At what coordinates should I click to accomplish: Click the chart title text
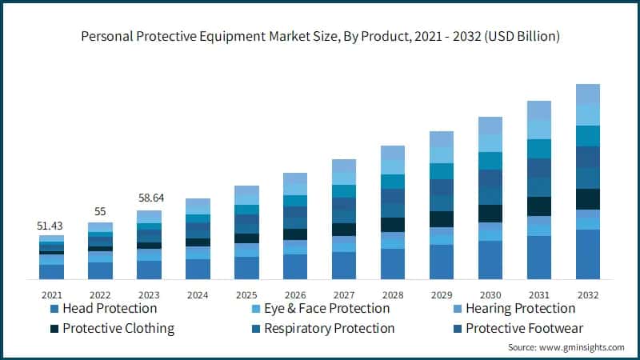[320, 36]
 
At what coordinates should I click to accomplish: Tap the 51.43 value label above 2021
[51, 226]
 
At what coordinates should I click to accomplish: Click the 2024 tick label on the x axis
[198, 294]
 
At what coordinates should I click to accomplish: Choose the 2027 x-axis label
[344, 294]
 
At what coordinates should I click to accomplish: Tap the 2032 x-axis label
[588, 294]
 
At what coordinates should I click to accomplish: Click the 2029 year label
[442, 294]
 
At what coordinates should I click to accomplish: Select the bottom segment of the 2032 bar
[588, 254]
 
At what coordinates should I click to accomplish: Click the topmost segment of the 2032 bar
[588, 93]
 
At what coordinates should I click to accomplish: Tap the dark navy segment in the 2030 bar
[490, 214]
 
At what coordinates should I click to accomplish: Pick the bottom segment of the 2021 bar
[51, 272]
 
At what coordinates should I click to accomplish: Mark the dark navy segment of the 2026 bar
[295, 234]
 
